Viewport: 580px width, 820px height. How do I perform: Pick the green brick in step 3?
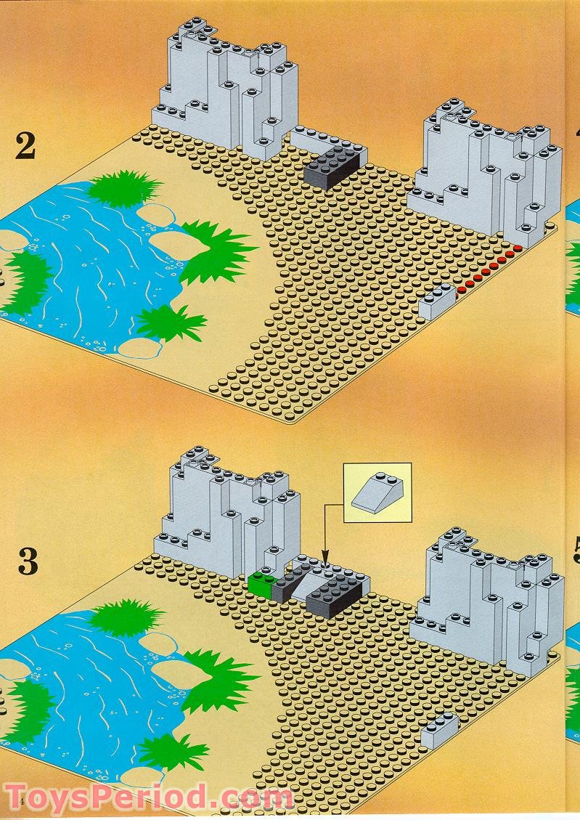tap(260, 583)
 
